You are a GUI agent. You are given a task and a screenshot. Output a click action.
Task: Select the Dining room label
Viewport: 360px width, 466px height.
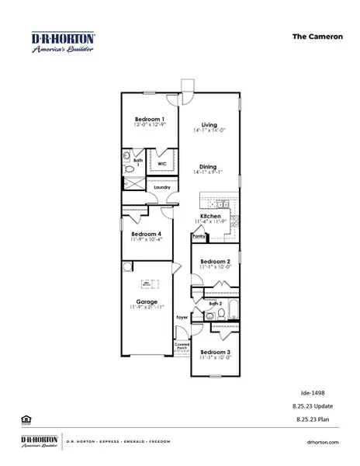209,166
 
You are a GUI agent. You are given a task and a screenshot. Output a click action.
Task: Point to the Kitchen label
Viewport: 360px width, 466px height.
210,216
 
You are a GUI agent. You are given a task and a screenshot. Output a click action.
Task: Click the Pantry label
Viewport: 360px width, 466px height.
199,238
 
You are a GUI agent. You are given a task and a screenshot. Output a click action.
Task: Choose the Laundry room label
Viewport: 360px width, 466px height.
162,187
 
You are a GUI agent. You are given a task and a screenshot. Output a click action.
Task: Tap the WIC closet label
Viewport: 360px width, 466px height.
162,165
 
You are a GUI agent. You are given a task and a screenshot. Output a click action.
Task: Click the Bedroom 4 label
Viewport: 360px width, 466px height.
147,234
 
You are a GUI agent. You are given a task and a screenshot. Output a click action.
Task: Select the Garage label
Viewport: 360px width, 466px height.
147,301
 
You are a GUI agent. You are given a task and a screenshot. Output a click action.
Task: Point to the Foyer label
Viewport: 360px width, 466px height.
182,318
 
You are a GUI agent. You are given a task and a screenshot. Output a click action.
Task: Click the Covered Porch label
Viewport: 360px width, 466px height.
182,346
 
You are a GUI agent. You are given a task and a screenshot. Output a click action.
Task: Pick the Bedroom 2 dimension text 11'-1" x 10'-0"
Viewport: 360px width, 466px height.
214,269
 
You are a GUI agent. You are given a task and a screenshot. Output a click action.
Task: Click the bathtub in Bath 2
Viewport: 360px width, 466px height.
230,314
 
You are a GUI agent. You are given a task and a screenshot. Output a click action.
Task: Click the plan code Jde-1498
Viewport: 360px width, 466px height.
312,393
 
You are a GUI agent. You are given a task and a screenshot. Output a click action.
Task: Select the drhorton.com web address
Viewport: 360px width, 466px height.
324,443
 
